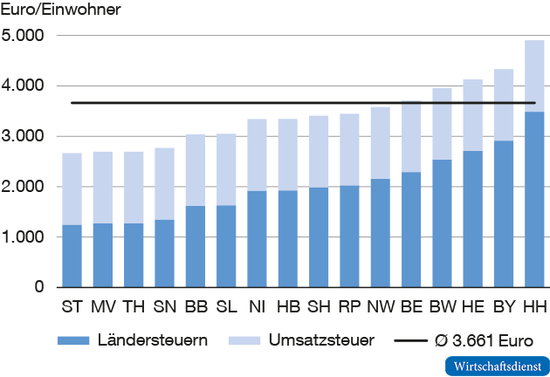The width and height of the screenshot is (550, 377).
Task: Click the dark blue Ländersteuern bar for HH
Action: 533,199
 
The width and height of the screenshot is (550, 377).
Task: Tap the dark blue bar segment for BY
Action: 503,213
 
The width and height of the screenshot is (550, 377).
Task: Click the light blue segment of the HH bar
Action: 533,76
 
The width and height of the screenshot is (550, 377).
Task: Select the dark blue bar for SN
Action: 164,253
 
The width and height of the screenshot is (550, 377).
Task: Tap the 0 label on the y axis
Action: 38,287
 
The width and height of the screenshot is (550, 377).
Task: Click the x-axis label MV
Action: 102,306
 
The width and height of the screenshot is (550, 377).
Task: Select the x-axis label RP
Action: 348,306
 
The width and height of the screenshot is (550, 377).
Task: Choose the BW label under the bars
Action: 442,306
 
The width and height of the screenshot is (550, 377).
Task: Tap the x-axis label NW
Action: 380,306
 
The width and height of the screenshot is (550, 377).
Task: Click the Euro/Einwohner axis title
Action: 61,10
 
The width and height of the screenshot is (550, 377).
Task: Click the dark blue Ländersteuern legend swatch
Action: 79,340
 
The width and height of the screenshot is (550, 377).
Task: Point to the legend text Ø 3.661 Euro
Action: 484,340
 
